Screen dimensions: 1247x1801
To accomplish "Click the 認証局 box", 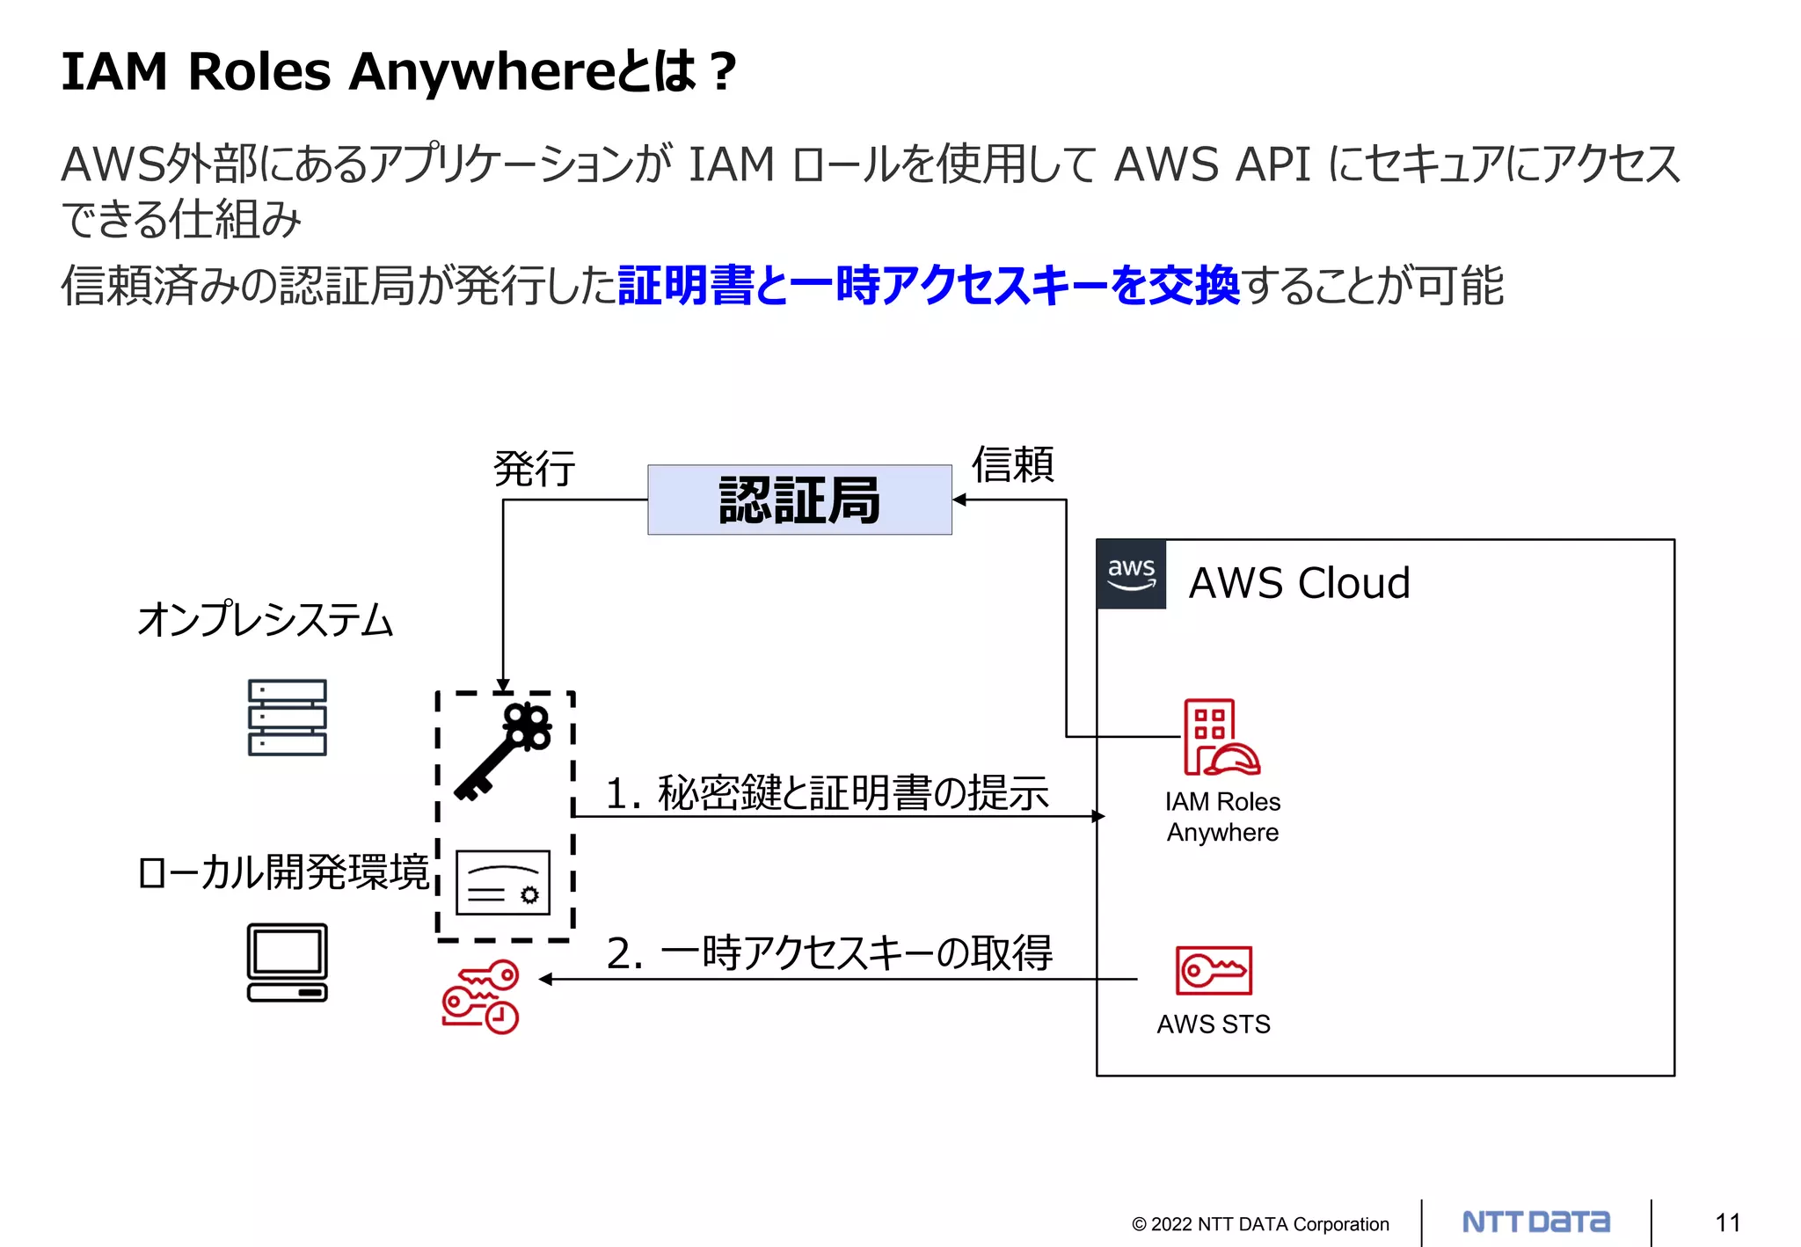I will pos(799,500).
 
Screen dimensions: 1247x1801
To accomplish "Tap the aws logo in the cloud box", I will pos(1131,574).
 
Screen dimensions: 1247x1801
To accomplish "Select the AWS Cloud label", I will pos(1299,583).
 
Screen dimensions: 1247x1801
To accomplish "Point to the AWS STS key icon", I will pos(1214,970).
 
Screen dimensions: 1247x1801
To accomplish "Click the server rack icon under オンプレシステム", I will pos(287,718).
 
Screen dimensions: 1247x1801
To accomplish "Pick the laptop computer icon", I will pos(287,962).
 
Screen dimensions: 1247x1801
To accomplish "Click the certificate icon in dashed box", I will pos(503,882).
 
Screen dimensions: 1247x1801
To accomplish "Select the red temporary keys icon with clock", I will pos(481,996).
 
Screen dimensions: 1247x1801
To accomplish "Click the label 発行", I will pos(535,468).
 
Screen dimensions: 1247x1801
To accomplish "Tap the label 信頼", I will pos(1012,464).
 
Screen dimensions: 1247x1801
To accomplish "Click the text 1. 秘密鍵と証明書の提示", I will pos(827,792).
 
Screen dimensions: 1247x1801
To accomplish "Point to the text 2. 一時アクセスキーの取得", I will pos(829,953).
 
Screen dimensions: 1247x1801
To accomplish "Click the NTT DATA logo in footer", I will pos(1535,1221).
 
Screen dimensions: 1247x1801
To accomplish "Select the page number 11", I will pos(1727,1222).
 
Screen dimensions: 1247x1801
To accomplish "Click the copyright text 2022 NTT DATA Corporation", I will pos(1260,1224).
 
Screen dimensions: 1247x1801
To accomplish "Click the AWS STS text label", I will pos(1214,1025).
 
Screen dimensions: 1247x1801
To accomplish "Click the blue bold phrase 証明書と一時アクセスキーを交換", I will pos(929,286).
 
